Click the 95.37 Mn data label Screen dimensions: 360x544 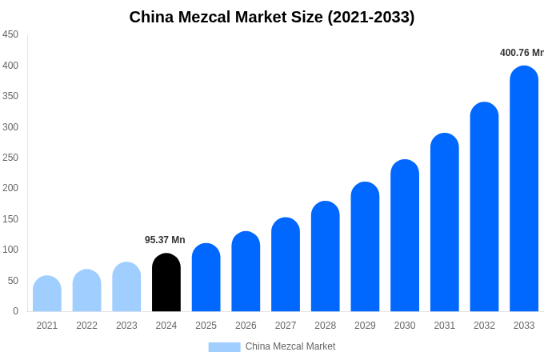tap(165, 240)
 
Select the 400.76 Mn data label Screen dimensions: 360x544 tap(522, 53)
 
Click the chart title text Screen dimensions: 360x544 tap(272, 17)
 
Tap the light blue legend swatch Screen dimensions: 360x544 tap(224, 346)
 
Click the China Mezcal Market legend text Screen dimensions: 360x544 tap(290, 346)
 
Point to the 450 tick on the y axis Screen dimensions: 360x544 tap(10, 34)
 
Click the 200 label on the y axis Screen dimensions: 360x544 tap(10, 188)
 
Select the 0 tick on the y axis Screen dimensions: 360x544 tap(15, 311)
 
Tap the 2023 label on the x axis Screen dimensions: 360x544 tap(126, 326)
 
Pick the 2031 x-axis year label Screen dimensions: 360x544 tap(445, 326)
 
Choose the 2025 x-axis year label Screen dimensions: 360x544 tap(206, 326)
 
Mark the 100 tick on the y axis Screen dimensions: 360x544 tap(10, 250)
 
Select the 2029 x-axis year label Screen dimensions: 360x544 tap(365, 326)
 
